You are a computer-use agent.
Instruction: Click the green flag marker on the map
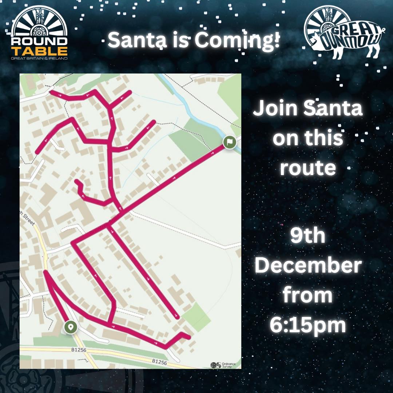tap(230, 142)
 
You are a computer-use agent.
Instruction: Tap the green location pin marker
tap(70, 327)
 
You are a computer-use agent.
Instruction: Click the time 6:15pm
tap(308, 325)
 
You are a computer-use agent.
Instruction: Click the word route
tap(307, 168)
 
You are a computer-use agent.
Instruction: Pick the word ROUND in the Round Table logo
tap(39, 40)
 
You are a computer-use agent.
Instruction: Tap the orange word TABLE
tap(39, 51)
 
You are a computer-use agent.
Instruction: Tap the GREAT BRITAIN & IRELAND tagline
tap(39, 58)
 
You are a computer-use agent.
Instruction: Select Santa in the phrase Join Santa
tap(333, 108)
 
